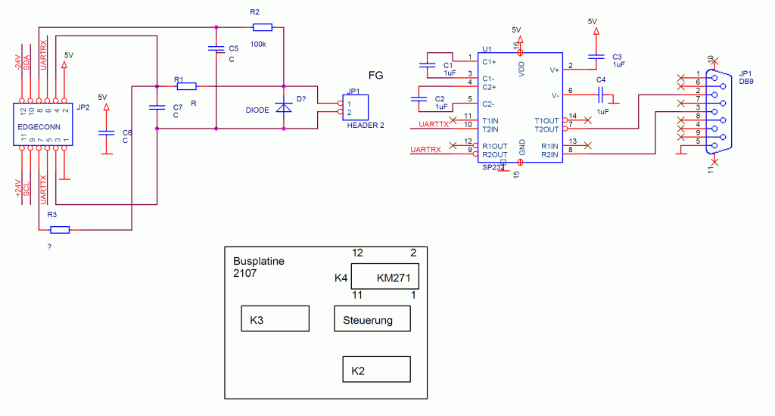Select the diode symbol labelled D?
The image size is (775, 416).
284,108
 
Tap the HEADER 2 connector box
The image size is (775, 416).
355,107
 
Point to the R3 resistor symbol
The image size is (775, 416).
58,229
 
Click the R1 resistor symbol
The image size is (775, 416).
186,85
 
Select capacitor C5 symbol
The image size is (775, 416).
217,49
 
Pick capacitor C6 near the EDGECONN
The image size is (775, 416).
106,133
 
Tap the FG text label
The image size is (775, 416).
375,75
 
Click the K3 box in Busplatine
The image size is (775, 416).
275,318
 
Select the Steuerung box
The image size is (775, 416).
372,319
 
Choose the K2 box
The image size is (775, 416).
376,369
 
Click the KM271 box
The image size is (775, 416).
386,277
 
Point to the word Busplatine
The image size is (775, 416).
259,261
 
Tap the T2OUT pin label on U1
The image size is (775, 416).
547,129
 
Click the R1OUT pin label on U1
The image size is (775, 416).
494,146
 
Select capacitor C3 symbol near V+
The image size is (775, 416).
596,56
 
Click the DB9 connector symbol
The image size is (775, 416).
712,111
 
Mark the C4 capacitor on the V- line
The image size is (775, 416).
602,95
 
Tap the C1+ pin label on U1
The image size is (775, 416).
489,61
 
